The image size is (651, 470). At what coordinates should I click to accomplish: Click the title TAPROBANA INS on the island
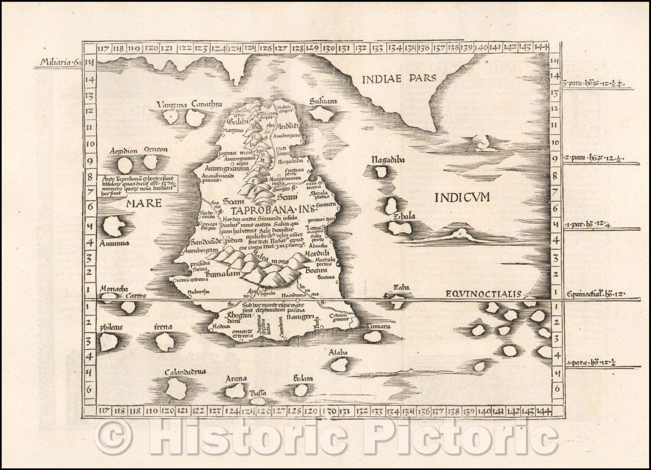click(x=264, y=211)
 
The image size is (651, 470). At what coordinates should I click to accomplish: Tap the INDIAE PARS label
click(x=399, y=79)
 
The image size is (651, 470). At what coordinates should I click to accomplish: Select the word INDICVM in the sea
click(x=462, y=197)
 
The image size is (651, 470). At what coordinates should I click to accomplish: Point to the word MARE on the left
click(x=144, y=202)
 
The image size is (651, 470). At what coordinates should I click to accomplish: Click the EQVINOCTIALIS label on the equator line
click(x=483, y=294)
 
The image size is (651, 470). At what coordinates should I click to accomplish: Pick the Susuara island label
click(x=322, y=102)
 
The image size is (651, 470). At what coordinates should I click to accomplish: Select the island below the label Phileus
click(x=108, y=342)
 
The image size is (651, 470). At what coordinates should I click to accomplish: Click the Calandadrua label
click(x=186, y=372)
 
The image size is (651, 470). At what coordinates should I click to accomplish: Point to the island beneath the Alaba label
click(x=339, y=364)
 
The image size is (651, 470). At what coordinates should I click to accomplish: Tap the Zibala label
click(x=404, y=217)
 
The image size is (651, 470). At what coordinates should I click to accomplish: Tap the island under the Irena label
click(x=164, y=342)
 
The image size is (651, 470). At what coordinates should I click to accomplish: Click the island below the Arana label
click(x=235, y=391)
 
